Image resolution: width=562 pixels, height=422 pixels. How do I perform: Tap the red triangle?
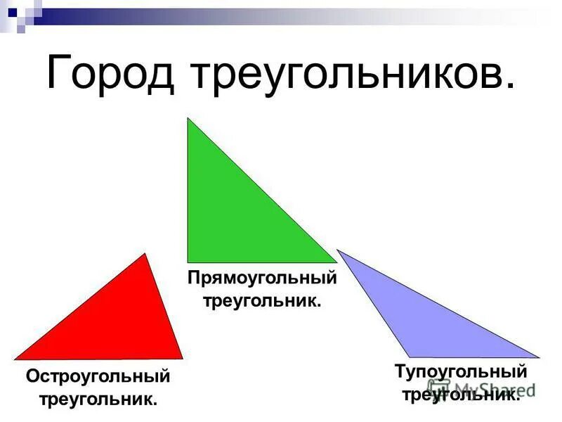(x=126, y=324)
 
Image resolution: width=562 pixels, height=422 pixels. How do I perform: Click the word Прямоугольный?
(x=262, y=279)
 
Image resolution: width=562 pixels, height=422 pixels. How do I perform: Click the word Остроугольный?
(x=98, y=376)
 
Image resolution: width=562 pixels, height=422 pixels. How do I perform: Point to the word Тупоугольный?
(x=460, y=371)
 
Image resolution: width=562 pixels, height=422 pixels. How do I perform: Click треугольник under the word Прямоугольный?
(x=262, y=301)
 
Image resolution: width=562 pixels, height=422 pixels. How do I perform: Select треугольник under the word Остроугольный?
(x=98, y=399)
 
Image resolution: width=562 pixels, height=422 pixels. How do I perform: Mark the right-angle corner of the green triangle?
(x=188, y=262)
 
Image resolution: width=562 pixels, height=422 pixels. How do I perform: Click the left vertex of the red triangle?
(x=15, y=359)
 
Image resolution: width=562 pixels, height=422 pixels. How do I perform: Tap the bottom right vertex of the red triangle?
(x=183, y=359)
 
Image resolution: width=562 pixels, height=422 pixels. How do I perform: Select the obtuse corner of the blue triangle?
(x=410, y=357)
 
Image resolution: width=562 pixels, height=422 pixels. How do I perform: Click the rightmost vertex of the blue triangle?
(x=540, y=357)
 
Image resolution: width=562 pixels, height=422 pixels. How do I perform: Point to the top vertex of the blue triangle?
(x=337, y=250)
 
